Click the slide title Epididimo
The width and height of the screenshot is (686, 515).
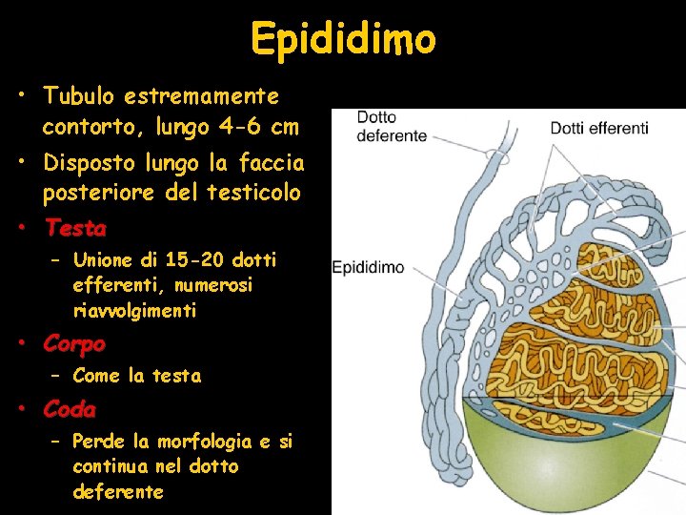343,38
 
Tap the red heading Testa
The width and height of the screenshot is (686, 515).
75,229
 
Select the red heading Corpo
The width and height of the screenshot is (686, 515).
74,342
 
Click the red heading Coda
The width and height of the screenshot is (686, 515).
70,410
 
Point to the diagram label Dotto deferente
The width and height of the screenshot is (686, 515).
392,127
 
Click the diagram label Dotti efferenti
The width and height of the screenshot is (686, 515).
598,128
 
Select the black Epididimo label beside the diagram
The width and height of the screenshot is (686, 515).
368,268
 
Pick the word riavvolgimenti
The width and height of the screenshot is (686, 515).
134,311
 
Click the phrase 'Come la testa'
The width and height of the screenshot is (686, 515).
136,376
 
